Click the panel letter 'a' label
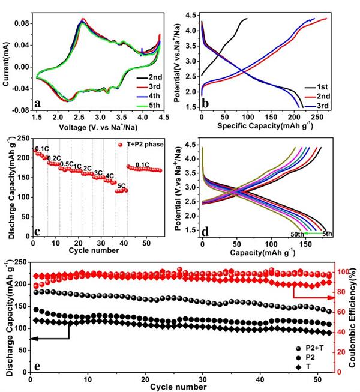click(38, 103)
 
